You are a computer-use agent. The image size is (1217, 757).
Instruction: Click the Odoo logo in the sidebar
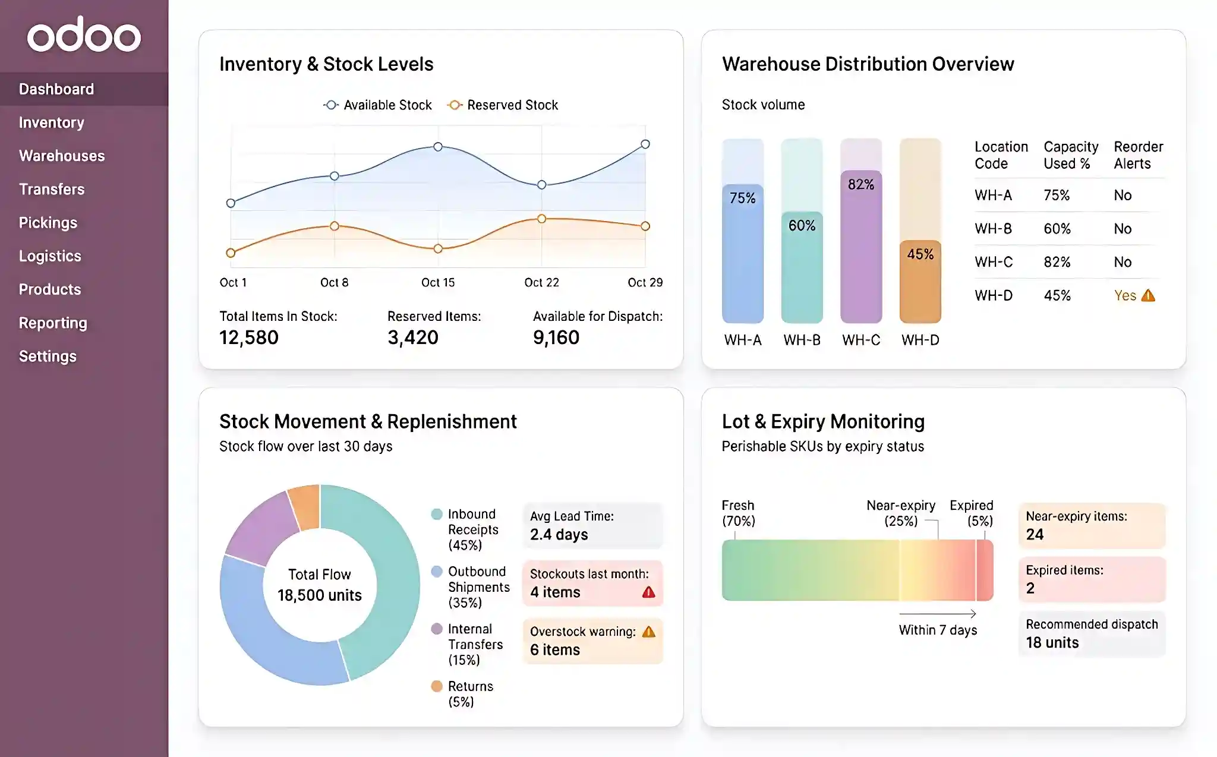click(x=84, y=36)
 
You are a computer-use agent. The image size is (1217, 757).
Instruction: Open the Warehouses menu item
click(x=62, y=156)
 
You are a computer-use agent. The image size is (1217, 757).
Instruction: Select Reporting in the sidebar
click(x=53, y=323)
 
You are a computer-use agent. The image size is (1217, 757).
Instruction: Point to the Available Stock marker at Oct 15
click(x=438, y=147)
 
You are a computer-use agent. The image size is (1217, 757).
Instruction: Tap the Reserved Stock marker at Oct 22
click(x=541, y=219)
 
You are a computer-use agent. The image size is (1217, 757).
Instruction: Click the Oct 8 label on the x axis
click(x=334, y=282)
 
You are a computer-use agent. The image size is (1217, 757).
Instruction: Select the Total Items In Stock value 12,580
click(x=249, y=338)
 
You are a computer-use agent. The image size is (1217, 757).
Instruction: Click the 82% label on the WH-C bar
click(x=860, y=184)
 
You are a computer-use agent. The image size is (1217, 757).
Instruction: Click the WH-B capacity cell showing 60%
click(x=1057, y=229)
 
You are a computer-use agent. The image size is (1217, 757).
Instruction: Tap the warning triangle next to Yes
click(x=1148, y=295)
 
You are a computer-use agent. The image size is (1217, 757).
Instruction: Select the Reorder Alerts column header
click(x=1138, y=155)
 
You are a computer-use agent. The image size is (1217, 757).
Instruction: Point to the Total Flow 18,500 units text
click(x=320, y=585)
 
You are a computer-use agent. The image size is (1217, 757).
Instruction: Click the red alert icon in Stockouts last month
click(x=648, y=592)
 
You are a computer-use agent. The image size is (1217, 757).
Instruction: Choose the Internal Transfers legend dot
click(x=437, y=629)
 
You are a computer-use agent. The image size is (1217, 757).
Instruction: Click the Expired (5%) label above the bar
click(x=971, y=513)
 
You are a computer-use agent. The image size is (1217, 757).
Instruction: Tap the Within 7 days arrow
click(x=938, y=614)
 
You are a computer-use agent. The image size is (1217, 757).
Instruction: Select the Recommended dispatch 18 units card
click(x=1092, y=634)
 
